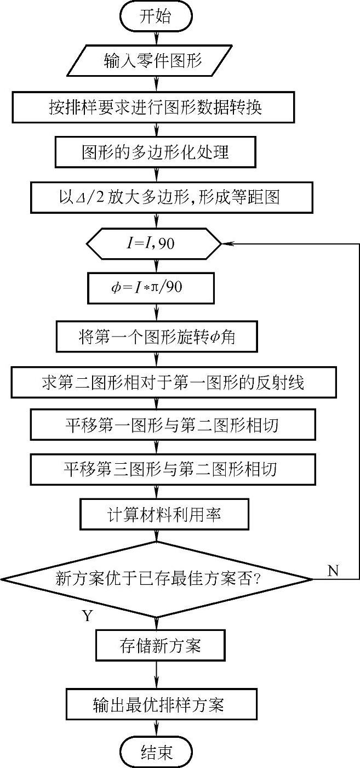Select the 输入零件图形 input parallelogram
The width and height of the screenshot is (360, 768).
tap(153, 61)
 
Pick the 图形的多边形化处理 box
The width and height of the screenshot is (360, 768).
tap(156, 151)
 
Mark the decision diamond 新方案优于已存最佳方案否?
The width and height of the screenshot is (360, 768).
tap(158, 578)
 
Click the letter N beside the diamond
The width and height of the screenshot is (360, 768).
tap(333, 571)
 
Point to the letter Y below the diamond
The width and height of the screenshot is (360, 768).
tap(87, 616)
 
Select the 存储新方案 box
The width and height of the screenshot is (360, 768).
tap(160, 645)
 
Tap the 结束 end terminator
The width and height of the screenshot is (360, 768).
tap(157, 751)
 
